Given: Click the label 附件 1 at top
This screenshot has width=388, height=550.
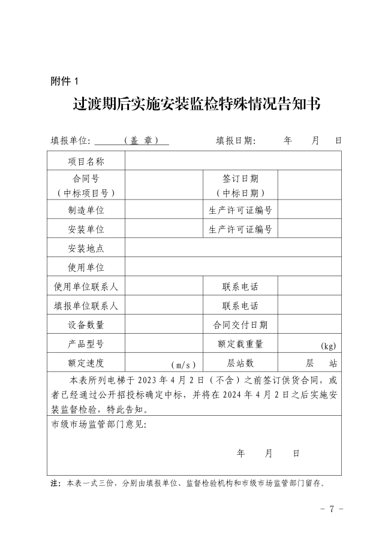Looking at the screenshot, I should (x=65, y=80).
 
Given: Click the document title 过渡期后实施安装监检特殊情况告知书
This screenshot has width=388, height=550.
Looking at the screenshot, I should (x=196, y=105).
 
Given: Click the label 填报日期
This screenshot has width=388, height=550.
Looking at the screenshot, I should (x=236, y=141).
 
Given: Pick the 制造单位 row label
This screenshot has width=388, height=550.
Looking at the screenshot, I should (x=86, y=210).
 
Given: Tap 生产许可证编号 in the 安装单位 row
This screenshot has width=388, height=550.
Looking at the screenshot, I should (x=240, y=229).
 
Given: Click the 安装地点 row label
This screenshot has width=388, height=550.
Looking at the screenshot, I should (x=86, y=249).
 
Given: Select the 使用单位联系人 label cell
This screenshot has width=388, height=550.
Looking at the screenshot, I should (x=86, y=286).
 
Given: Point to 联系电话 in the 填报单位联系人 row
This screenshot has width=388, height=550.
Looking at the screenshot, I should (x=240, y=306).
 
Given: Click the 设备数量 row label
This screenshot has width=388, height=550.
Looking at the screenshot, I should (x=86, y=325).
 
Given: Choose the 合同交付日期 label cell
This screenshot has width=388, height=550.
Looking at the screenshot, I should (x=240, y=325).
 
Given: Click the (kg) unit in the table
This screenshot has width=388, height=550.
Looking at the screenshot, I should (x=328, y=346).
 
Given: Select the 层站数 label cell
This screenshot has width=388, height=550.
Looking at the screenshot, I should (x=240, y=363).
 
